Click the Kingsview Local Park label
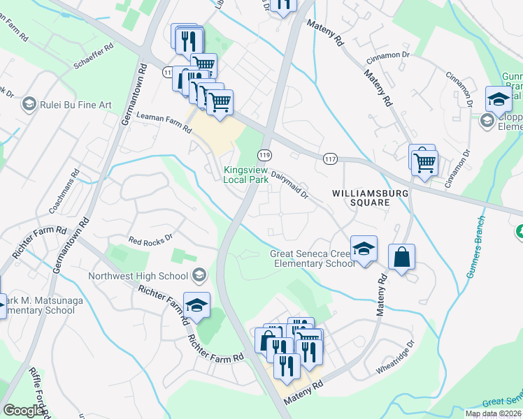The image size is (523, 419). pos(246,174)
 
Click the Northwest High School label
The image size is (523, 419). pos(139,276)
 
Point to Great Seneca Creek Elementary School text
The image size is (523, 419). pos(313,258)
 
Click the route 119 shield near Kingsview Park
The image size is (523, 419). pos(264,154)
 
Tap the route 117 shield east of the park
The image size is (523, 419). pos(331,160)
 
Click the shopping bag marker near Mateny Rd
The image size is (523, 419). pos(402,257)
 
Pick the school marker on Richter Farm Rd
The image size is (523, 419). pos(196,305)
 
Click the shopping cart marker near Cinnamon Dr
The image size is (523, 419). pos(424,164)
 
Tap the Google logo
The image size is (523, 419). pos(23,411)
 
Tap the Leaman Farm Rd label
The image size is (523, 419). pos(164,124)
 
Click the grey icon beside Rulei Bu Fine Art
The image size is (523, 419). pos(29,105)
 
